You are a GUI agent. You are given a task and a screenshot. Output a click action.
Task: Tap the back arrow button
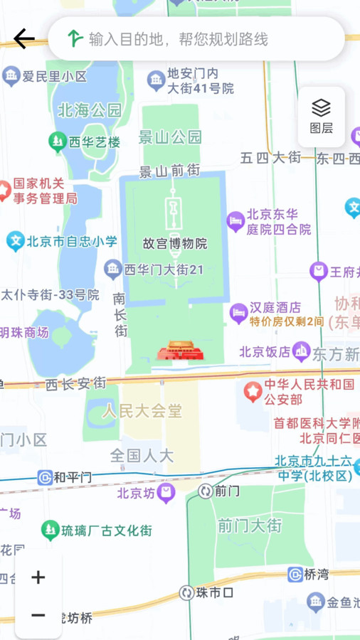pyautogui.click(x=23, y=38)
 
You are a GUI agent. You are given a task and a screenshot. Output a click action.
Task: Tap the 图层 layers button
pyautogui.click(x=322, y=117)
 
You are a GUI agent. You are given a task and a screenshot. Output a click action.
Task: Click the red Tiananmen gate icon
pyautogui.click(x=181, y=352)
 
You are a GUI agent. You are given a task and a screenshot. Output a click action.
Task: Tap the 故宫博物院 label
pyautogui.click(x=175, y=243)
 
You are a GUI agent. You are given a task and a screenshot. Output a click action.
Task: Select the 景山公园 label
pyautogui.click(x=171, y=137)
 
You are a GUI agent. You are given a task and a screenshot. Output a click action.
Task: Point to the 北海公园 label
pyautogui.click(x=90, y=110)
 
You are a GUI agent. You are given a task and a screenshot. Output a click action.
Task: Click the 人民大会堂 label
pyautogui.click(x=142, y=410)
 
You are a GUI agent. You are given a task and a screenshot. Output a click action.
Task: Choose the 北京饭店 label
pyautogui.click(x=265, y=351)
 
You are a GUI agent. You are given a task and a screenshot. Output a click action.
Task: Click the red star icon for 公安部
pyautogui.click(x=253, y=391)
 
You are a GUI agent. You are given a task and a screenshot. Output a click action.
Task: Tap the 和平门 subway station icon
pyautogui.click(x=46, y=477)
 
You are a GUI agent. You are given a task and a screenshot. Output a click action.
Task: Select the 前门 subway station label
pyautogui.click(x=227, y=491)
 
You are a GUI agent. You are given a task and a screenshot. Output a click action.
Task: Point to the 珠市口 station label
pyautogui.click(x=215, y=592)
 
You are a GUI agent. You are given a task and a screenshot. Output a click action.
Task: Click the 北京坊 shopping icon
pyautogui.click(x=166, y=492)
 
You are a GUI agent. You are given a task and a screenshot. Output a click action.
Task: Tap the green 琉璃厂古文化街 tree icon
pyautogui.click(x=50, y=530)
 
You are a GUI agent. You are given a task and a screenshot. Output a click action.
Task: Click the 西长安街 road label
pyautogui.click(x=75, y=383)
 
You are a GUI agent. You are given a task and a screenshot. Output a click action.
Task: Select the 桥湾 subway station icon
pyautogui.click(x=295, y=575)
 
